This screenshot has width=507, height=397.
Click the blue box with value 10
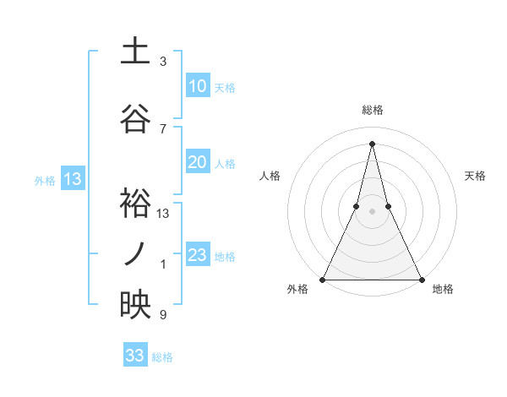click(198, 86)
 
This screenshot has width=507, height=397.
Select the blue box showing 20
click(198, 163)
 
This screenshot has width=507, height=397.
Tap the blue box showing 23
click(198, 256)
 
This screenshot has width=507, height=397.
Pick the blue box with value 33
click(135, 356)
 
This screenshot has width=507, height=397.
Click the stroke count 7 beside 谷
click(163, 129)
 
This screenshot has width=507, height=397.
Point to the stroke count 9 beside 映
click(163, 315)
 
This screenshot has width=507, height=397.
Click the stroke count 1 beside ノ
click(163, 264)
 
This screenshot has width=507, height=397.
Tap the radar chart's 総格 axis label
click(372, 111)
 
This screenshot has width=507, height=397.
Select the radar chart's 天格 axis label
click(475, 176)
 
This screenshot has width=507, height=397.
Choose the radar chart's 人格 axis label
click(270, 176)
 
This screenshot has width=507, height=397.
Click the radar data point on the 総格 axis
click(372, 144)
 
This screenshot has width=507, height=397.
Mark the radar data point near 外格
click(323, 279)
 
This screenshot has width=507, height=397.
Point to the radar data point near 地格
click(421, 279)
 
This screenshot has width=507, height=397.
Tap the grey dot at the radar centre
click(372, 211)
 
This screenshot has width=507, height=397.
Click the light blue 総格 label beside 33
click(162, 357)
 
